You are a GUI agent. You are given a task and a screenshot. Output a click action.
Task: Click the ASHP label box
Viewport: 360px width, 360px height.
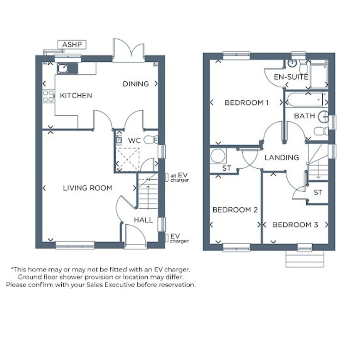pyautogui.click(x=72, y=44)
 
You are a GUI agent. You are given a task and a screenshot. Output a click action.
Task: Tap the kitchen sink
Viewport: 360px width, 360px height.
pyautogui.click(x=67, y=68)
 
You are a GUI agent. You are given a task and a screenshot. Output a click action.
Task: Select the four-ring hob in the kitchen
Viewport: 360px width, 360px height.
pyautogui.click(x=48, y=96)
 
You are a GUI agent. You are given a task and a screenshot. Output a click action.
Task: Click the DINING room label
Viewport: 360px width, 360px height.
pyautogui.click(x=136, y=84)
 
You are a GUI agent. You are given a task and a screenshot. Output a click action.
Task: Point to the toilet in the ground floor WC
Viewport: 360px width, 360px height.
pyautogui.click(x=150, y=139)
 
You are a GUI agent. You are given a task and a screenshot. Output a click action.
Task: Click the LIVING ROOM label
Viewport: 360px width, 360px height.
pyautogui.click(x=88, y=188)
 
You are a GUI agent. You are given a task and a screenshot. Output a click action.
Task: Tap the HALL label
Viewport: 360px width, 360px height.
pyautogui.click(x=143, y=220)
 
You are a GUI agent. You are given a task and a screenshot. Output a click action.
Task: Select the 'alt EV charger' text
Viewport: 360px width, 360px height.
pyautogui.click(x=179, y=178)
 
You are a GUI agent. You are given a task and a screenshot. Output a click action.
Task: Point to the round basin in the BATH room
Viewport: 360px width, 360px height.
pyautogui.click(x=323, y=117)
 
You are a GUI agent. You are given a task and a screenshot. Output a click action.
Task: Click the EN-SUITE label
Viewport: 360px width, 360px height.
pyautogui.click(x=291, y=77)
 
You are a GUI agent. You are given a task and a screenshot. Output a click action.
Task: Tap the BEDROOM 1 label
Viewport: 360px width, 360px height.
pyautogui.click(x=246, y=102)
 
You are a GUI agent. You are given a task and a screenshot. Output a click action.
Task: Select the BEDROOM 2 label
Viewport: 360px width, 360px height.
pyautogui.click(x=235, y=210)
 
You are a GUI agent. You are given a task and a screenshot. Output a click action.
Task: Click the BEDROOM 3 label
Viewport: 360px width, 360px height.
pyautogui.click(x=295, y=224)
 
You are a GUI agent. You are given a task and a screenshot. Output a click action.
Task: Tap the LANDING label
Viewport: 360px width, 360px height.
pyautogui.click(x=282, y=157)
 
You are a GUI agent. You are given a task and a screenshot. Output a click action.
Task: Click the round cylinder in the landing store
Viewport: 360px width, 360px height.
pyautogui.click(x=218, y=156)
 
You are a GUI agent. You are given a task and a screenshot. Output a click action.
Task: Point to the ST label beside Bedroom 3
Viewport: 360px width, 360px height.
pyautogui.click(x=318, y=192)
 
